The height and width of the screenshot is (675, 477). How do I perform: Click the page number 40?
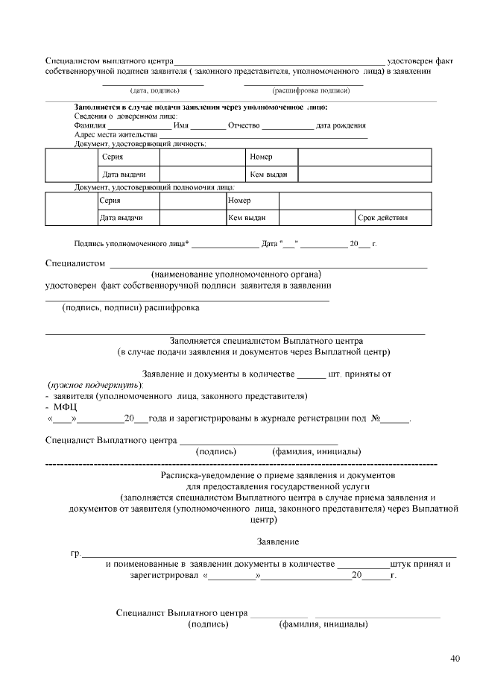[x=455, y=658]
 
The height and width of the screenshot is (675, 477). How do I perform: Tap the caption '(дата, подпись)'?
[x=155, y=91]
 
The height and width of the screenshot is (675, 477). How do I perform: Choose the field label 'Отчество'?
[x=244, y=125]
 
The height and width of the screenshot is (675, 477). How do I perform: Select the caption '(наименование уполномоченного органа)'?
[x=236, y=274]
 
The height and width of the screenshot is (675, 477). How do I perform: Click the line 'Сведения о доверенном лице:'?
[x=126, y=116]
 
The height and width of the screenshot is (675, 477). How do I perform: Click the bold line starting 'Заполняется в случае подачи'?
[x=200, y=107]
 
